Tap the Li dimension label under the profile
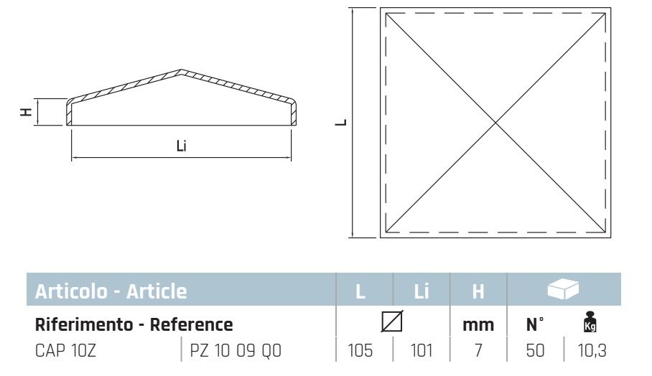[182, 146]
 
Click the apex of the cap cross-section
[181, 71]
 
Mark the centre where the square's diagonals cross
[495, 123]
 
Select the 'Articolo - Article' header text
[111, 291]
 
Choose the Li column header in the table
[422, 291]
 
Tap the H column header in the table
[478, 291]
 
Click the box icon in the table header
[562, 289]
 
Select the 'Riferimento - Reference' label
[134, 324]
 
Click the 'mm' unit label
[478, 325]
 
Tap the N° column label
[535, 324]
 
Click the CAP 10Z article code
[66, 352]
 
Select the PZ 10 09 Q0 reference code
[236, 352]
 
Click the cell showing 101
[421, 352]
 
